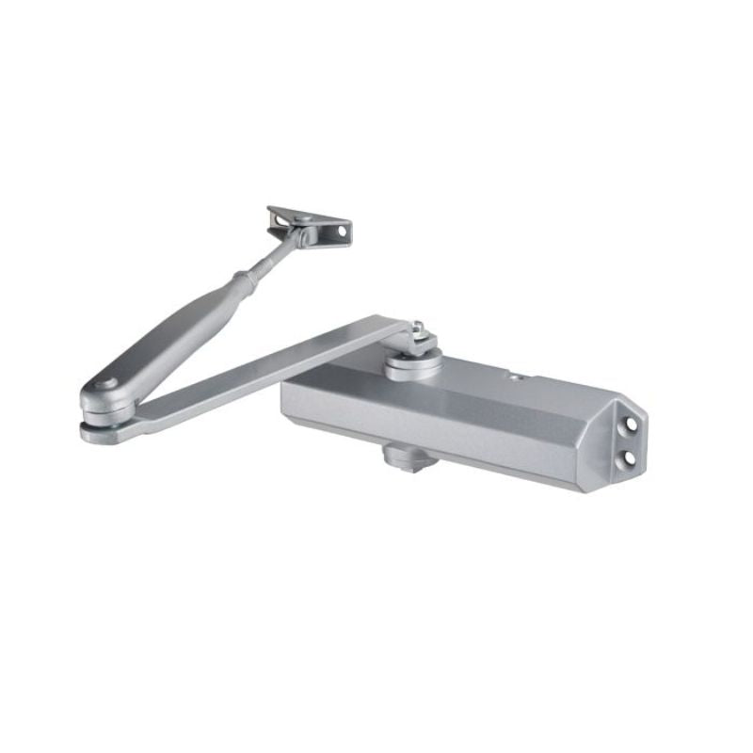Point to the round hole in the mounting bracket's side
(x=333, y=228)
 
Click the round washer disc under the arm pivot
(x=412, y=363)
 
